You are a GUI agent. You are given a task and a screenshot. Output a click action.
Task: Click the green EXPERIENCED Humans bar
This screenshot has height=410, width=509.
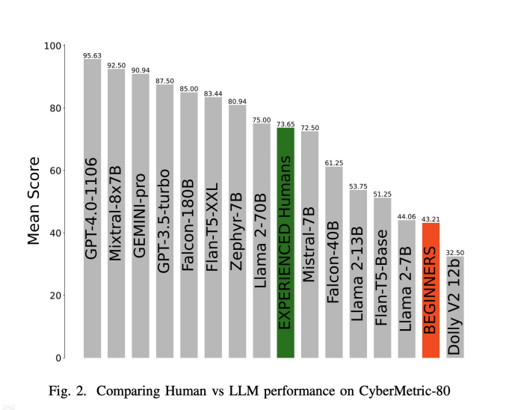(286, 243)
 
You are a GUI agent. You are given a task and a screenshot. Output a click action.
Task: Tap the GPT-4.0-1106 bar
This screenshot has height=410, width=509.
(92, 209)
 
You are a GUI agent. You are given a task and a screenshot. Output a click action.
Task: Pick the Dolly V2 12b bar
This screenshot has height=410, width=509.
(455, 307)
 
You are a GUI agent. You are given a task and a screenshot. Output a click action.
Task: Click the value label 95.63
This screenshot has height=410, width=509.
(92, 55)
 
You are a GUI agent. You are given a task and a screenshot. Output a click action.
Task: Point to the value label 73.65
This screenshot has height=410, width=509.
(286, 124)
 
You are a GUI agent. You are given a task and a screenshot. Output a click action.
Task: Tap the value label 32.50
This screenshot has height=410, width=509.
(455, 252)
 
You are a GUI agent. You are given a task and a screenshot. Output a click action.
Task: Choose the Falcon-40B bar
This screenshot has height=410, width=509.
(334, 262)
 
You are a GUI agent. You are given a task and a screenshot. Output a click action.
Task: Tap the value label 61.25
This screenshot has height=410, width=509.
(334, 162)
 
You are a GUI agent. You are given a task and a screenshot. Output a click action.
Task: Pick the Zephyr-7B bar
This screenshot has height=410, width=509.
(238, 231)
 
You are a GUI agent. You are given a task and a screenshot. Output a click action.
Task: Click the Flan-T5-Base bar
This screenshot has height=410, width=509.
(383, 278)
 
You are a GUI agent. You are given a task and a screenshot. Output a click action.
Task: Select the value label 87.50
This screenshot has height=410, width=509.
(164, 81)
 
